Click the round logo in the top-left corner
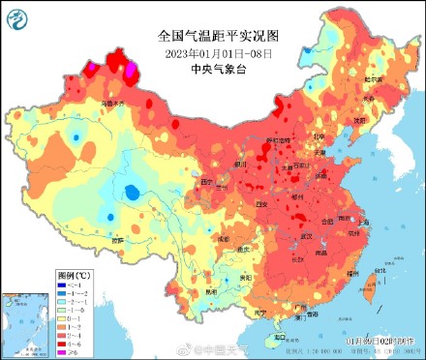pos(16,15)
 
